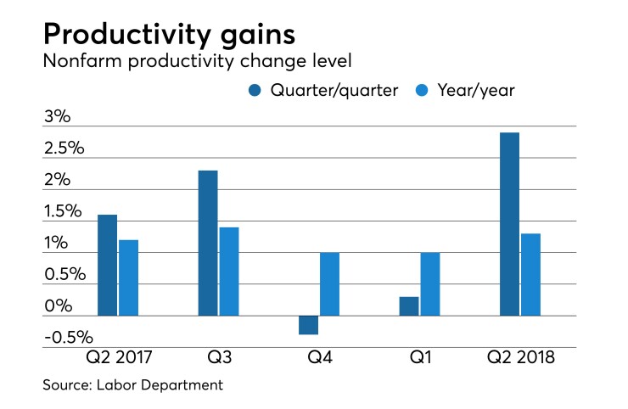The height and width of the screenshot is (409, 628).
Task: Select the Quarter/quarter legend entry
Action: [323, 90]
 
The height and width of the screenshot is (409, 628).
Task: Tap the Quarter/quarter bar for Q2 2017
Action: [108, 265]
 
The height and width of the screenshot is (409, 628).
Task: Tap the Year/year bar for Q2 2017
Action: [128, 277]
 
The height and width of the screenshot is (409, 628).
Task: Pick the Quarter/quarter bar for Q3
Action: [208, 243]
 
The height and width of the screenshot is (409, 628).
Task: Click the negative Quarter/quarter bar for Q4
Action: [308, 325]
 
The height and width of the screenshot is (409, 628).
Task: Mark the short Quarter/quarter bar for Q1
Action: [408, 306]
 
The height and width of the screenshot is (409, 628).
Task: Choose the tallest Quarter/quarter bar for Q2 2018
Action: [509, 224]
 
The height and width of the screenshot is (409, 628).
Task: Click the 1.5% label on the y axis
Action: [63, 211]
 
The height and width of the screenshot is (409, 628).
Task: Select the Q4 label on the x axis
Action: [318, 357]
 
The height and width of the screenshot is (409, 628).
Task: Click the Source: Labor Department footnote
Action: [133, 385]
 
